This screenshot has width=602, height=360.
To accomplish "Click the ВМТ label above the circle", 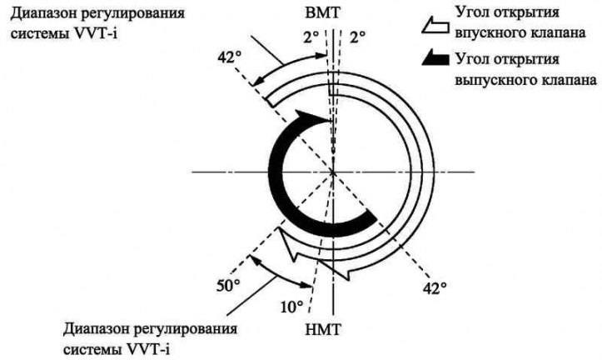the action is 323,13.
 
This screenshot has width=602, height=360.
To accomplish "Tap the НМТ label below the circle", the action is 323,330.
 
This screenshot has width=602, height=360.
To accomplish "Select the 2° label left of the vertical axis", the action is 311,37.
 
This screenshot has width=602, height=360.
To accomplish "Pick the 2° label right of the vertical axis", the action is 357,37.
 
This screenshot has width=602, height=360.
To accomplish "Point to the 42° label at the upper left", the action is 230,57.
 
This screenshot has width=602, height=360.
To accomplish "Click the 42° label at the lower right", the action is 435,288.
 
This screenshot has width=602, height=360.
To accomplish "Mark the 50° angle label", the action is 228,286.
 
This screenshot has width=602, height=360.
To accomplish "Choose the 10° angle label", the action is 292,307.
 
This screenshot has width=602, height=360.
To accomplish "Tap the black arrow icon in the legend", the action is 435,57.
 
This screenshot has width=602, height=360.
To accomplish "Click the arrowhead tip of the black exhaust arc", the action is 331,122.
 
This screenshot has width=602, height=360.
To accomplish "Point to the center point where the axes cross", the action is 333,172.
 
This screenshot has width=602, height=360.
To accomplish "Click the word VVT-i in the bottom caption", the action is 148,349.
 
